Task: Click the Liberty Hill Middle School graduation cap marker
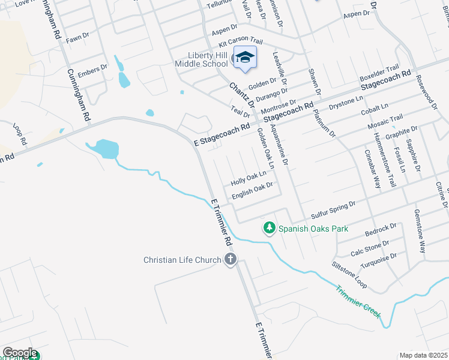coord(244,58)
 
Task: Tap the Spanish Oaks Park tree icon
coord(270,228)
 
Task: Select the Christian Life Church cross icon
coord(230,259)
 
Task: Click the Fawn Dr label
coord(77,37)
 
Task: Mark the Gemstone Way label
coord(420,231)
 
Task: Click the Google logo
coord(20,353)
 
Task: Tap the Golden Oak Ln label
coord(265,148)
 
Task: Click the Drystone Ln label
coord(346,103)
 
